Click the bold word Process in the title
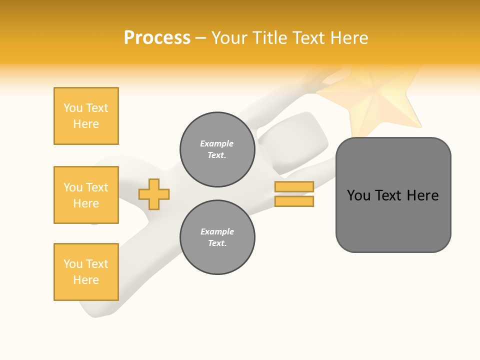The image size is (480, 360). (157, 38)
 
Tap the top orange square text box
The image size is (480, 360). (86, 116)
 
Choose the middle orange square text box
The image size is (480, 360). (86, 195)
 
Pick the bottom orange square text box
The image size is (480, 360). (86, 272)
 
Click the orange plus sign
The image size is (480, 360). (154, 194)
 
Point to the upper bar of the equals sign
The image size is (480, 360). (294, 187)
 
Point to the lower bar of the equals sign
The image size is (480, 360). (294, 201)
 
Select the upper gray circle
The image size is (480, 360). (217, 149)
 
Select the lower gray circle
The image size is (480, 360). (217, 237)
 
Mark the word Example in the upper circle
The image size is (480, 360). (216, 143)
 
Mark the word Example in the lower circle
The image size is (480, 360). (217, 231)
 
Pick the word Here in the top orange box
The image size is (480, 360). (86, 124)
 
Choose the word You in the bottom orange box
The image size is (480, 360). (73, 264)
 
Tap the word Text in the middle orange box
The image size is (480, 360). (96, 187)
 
